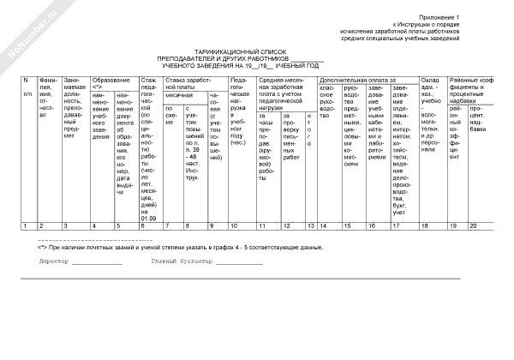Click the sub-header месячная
[179, 95]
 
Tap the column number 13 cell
[309, 225]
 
